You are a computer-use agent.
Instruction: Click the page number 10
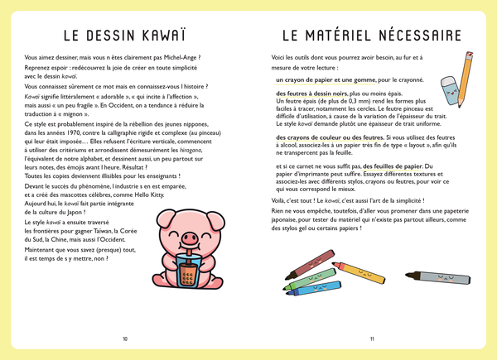125,338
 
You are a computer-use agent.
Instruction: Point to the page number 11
372,338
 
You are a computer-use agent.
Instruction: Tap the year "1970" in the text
69,132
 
